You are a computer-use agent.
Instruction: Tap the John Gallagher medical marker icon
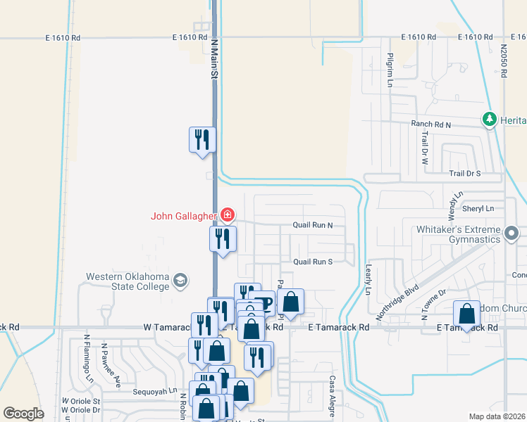(228, 214)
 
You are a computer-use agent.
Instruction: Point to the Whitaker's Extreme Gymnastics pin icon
(512, 232)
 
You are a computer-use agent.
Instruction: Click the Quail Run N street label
(313, 226)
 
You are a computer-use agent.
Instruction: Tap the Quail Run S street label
(313, 262)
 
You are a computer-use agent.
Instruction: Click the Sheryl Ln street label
(478, 209)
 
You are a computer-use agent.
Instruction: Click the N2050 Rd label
(504, 60)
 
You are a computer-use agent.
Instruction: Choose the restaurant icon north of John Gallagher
(201, 139)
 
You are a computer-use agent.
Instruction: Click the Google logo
(24, 414)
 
